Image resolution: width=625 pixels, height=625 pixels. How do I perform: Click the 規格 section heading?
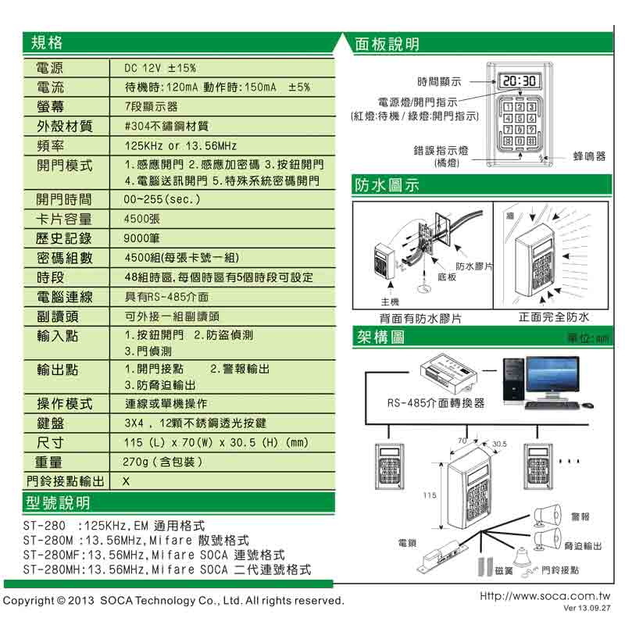pos(46,41)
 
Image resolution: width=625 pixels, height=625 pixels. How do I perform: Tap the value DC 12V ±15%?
pos(161,68)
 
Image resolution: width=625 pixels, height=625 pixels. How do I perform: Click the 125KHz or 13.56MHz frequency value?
pos(180,146)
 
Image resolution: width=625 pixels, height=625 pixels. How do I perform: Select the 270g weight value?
pos(163,462)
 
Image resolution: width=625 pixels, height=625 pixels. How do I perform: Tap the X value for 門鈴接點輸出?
pos(126,481)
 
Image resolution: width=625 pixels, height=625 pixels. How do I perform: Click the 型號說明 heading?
pos(57,502)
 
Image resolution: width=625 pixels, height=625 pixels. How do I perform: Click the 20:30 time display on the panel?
pos(518,80)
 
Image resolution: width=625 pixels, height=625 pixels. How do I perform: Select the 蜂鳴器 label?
pos(588,156)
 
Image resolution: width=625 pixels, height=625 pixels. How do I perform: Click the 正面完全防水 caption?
pos(553,318)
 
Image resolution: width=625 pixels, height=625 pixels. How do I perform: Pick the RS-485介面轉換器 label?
pos(436,403)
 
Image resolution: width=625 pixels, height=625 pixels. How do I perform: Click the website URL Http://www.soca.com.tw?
pos(545,595)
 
